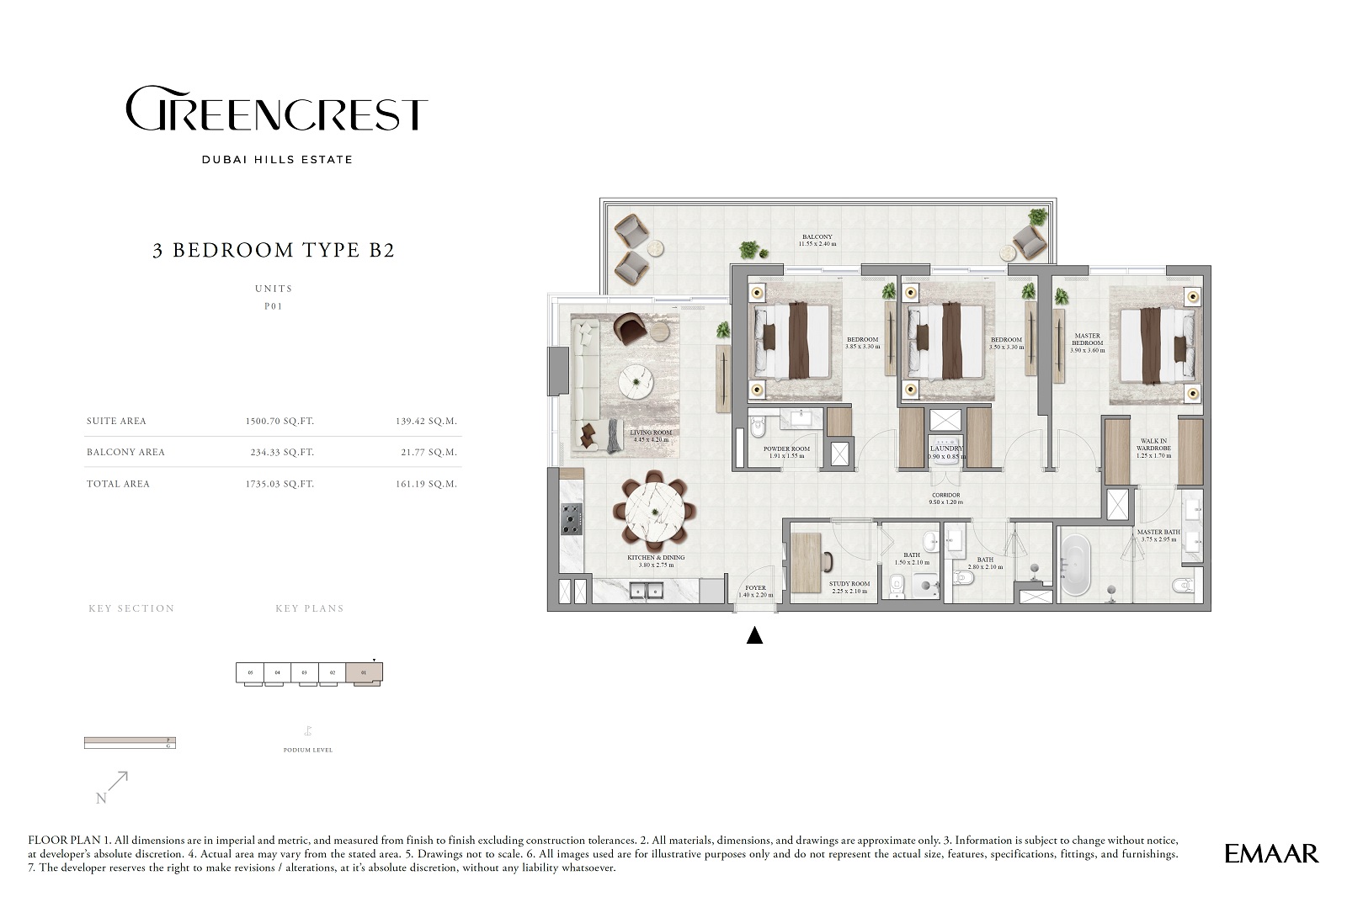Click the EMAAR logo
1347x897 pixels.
tap(1271, 853)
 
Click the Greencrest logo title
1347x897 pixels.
tap(276, 109)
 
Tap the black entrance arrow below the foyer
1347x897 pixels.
tap(754, 636)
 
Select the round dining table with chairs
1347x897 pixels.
tap(653, 511)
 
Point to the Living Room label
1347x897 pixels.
tap(651, 436)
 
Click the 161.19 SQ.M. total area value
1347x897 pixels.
tap(429, 484)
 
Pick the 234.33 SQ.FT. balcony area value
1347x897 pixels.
tap(282, 453)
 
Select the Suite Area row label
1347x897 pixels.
tap(116, 422)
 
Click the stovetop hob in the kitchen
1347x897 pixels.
tap(571, 518)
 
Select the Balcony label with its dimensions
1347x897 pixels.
tap(817, 241)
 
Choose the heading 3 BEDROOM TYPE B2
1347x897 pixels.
tap(274, 250)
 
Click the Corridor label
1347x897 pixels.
tap(945, 498)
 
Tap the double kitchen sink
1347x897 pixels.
tap(647, 591)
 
